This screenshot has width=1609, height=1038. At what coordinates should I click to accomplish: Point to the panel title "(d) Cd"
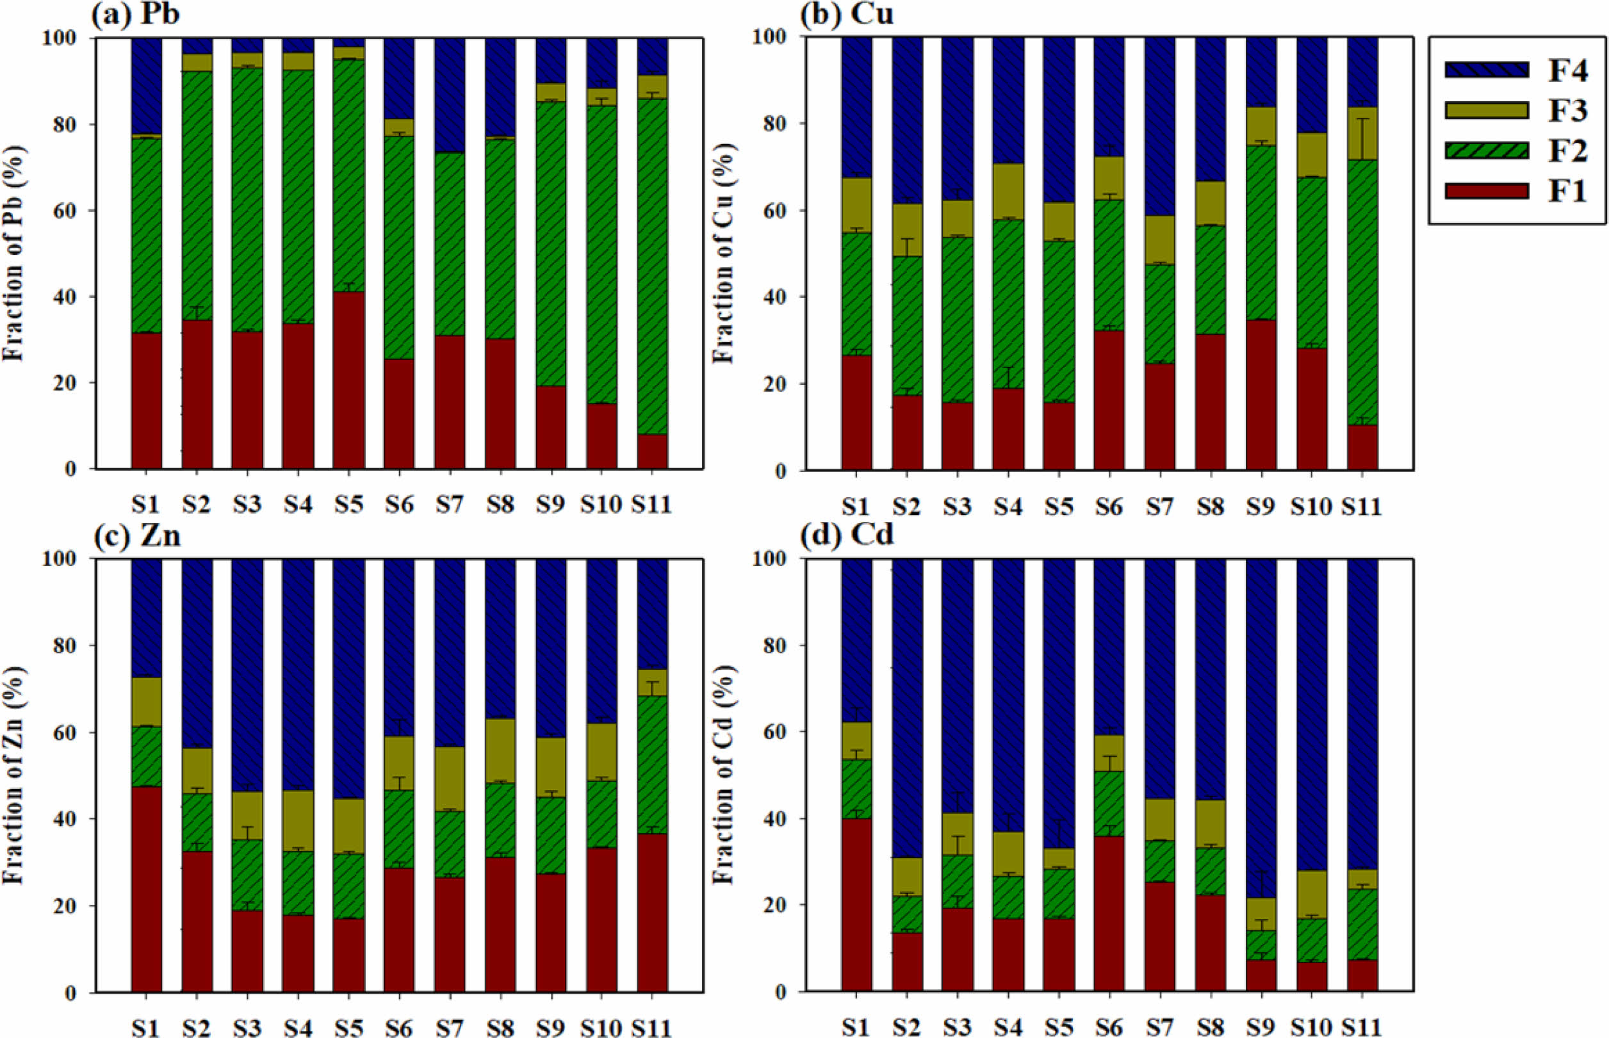tap(847, 535)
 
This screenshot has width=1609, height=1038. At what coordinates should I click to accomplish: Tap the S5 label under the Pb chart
tap(348, 504)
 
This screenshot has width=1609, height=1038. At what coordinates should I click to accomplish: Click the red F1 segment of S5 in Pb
tap(348, 381)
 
